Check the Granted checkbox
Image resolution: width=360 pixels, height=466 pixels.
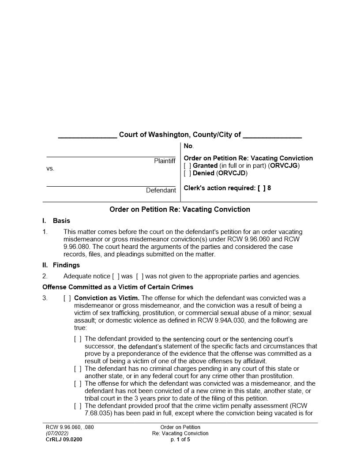click(x=187, y=165)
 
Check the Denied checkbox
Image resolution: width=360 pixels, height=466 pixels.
click(x=187, y=173)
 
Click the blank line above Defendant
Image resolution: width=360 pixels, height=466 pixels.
click(x=111, y=186)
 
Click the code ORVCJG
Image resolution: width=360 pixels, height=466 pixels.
click(x=285, y=165)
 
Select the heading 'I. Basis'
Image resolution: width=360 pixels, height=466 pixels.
click(x=56, y=221)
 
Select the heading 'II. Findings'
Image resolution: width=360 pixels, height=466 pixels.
click(x=61, y=265)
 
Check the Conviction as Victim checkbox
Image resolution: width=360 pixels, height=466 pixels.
click(x=67, y=298)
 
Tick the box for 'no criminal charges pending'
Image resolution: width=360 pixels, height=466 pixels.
click(x=78, y=368)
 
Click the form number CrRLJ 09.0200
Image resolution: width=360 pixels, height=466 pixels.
click(x=64, y=440)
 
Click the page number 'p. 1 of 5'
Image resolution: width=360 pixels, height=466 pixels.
click(x=180, y=440)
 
